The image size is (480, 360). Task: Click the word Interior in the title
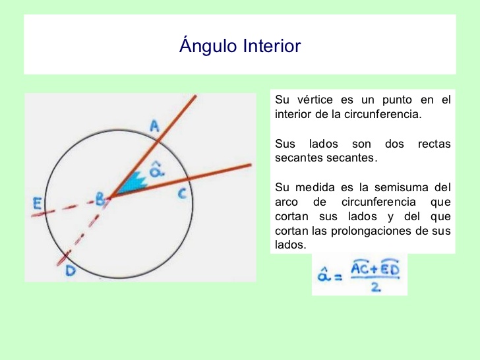272,47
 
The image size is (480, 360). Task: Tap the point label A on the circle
154,125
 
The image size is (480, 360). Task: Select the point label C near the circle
183,194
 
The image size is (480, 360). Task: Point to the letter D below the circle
70,271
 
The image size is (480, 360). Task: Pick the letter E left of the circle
38,204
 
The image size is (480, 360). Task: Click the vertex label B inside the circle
100,197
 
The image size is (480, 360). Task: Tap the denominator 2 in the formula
375,288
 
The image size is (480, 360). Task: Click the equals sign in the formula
337,278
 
